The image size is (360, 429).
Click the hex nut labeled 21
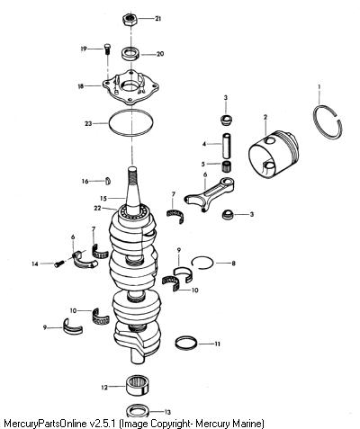pos(130,19)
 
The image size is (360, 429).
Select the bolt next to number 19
pos(107,49)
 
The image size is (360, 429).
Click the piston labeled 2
pos(274,155)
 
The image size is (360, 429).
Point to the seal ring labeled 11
pos(186,343)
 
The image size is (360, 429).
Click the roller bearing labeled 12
pos(138,386)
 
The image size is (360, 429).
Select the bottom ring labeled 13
pos(139,410)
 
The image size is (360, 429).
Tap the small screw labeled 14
pos(59,264)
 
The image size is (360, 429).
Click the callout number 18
pos(81,86)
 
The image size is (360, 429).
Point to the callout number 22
pos(97,208)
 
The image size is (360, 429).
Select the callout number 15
pos(103,199)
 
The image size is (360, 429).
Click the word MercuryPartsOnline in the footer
pos(46,424)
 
